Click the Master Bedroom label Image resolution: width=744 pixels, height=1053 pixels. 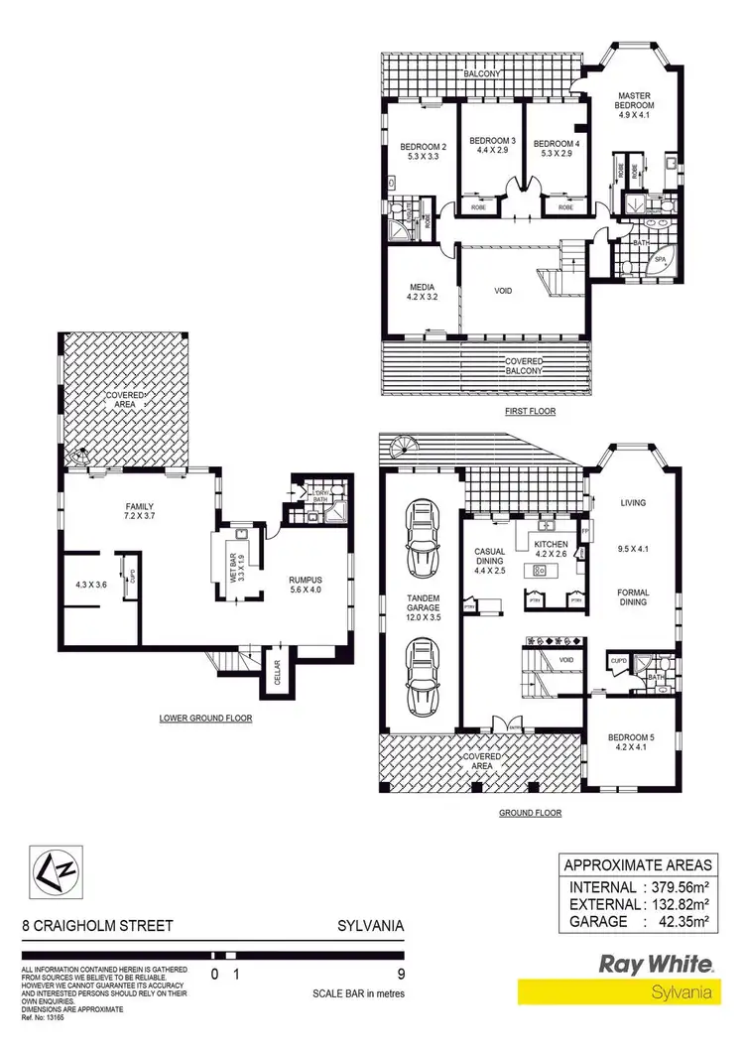tap(635, 99)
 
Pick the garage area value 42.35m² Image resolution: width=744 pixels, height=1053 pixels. tap(682, 921)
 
